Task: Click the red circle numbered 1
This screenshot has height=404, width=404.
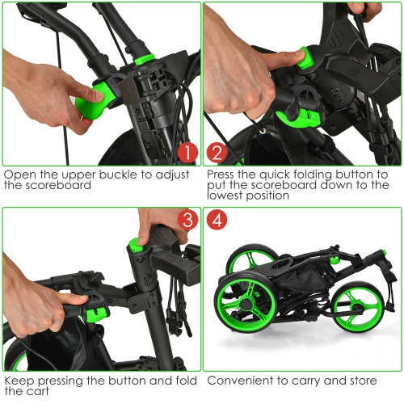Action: (x=186, y=152)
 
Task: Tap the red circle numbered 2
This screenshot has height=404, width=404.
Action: (x=217, y=152)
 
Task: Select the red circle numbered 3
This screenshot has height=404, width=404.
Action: (x=186, y=220)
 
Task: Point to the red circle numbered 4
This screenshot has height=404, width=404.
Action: (x=217, y=220)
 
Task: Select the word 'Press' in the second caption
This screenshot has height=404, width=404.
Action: (x=223, y=175)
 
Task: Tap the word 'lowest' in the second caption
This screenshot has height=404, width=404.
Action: (x=229, y=196)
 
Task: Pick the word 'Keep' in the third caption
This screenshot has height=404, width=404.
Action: (x=19, y=379)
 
